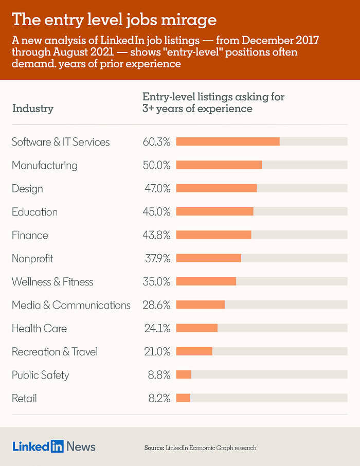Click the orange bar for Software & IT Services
click(228, 141)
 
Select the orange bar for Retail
click(183, 398)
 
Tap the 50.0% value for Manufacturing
click(156, 165)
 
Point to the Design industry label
click(27, 189)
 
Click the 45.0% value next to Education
click(156, 212)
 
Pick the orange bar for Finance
click(213, 235)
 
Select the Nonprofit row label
click(32, 258)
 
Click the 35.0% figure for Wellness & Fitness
click(156, 281)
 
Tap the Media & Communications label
click(71, 305)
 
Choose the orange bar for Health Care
click(197, 328)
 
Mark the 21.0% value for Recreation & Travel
click(156, 352)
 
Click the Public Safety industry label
click(40, 375)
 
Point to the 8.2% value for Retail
click(159, 398)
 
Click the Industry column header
click(32, 108)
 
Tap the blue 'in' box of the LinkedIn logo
click(57, 446)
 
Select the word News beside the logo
click(81, 446)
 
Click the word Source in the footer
click(153, 448)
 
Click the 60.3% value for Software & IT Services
click(156, 142)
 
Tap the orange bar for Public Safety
click(184, 374)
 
